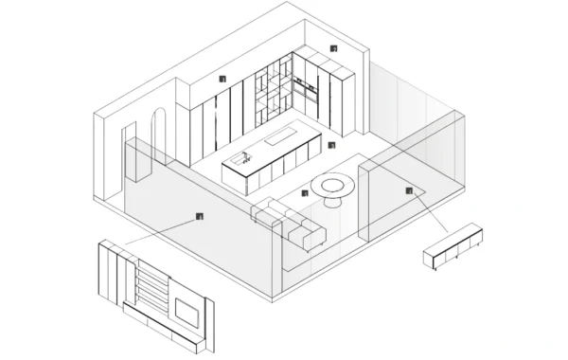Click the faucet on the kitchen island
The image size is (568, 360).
(243, 157)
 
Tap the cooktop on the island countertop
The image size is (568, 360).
(281, 139)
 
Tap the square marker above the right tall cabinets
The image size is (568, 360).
(333, 48)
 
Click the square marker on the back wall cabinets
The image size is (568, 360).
(222, 80)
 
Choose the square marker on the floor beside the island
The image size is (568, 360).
(331, 145)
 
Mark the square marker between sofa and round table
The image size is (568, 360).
(304, 193)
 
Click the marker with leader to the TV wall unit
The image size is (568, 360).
(199, 217)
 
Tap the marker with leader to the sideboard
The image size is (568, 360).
(409, 191)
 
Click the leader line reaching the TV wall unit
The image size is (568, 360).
(161, 232)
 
